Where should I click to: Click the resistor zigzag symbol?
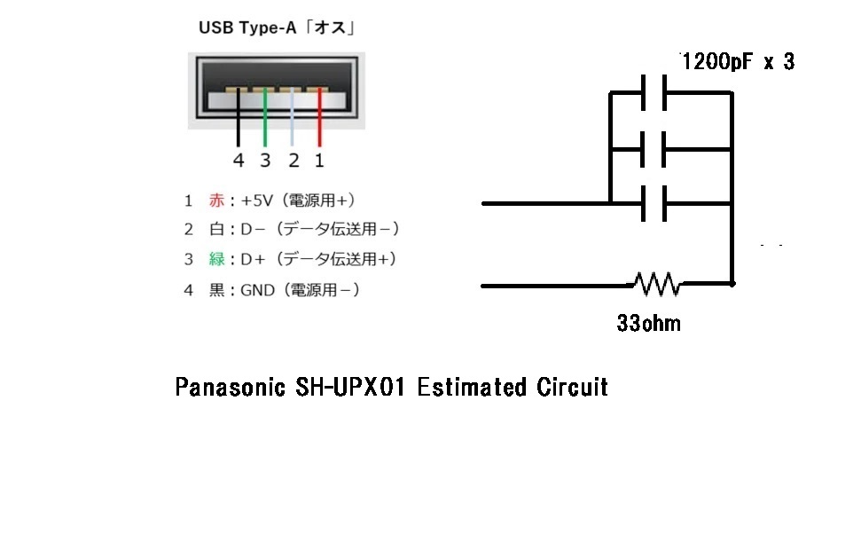pyautogui.click(x=656, y=284)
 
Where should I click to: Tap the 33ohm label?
pyautogui.click(x=648, y=323)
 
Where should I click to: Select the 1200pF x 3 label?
pyautogui.click(x=738, y=62)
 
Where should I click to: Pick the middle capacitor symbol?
pyautogui.click(x=654, y=148)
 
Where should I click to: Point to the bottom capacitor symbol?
pyautogui.click(x=654, y=203)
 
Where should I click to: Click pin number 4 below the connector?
pyautogui.click(x=238, y=161)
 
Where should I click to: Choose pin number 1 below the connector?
pyautogui.click(x=319, y=161)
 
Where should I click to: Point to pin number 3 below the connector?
pyautogui.click(x=265, y=161)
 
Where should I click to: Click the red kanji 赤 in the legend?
pyautogui.click(x=216, y=200)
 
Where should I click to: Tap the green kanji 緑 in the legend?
pyautogui.click(x=216, y=259)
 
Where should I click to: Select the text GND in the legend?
pyautogui.click(x=258, y=289)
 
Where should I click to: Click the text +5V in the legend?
pyautogui.click(x=257, y=200)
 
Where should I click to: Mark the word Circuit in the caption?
pyautogui.click(x=573, y=388)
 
